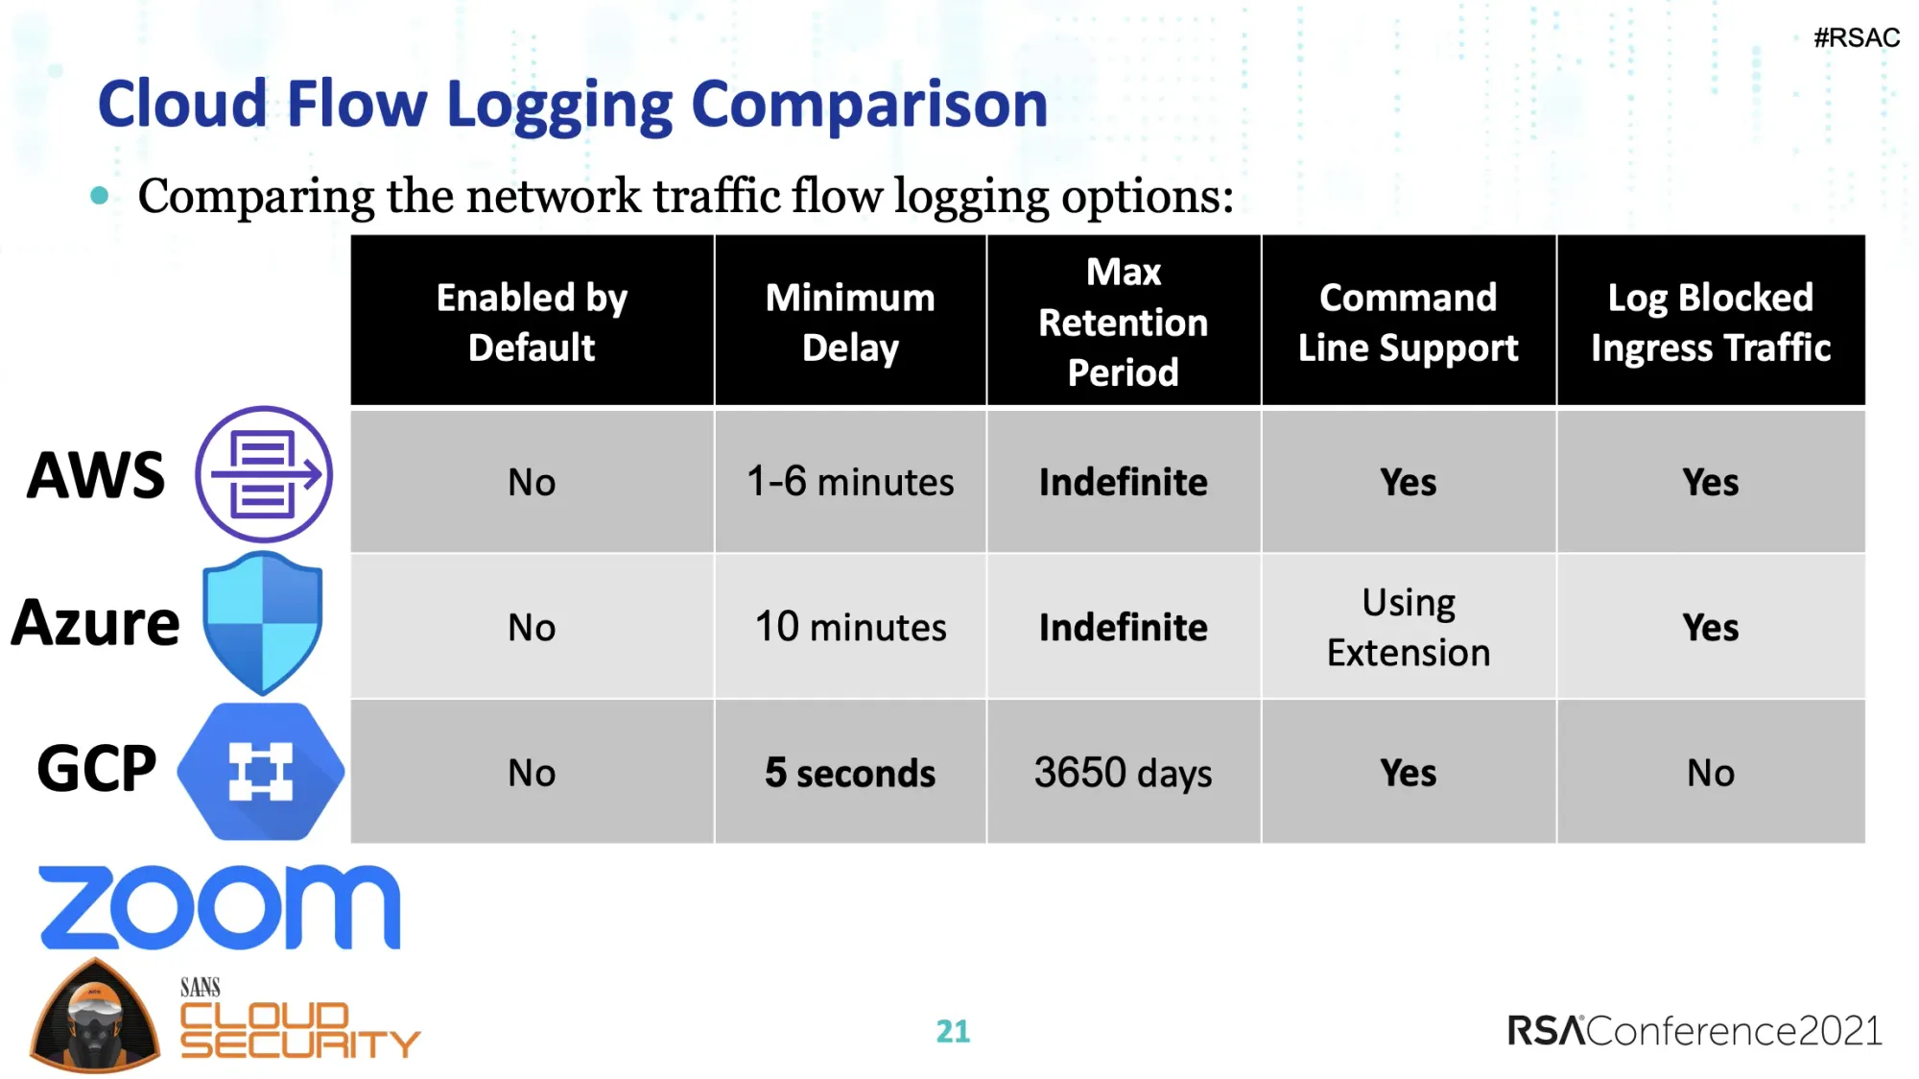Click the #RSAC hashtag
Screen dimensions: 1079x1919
(x=1856, y=38)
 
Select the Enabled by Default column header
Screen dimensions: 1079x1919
(x=532, y=322)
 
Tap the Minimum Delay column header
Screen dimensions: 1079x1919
(x=850, y=322)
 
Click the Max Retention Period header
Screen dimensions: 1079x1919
(x=1123, y=322)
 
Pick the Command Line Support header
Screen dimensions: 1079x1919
(x=1408, y=322)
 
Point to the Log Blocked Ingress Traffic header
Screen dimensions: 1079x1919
(x=1710, y=322)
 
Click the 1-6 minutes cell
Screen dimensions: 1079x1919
(x=850, y=481)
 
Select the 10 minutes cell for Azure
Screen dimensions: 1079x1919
(x=850, y=627)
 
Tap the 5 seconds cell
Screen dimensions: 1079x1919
(x=850, y=773)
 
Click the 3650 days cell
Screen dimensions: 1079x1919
(x=1123, y=773)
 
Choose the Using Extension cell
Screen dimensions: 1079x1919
(x=1408, y=627)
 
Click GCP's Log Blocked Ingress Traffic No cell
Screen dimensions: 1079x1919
(x=1710, y=773)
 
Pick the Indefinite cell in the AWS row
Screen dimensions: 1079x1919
(x=1123, y=481)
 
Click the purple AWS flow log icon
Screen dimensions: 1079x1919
(x=264, y=474)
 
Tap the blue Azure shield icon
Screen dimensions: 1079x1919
(x=262, y=622)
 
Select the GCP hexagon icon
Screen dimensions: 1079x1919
(x=261, y=771)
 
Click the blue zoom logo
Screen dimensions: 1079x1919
(x=219, y=907)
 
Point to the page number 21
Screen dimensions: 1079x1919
(x=953, y=1031)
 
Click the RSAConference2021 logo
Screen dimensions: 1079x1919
(x=1694, y=1031)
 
